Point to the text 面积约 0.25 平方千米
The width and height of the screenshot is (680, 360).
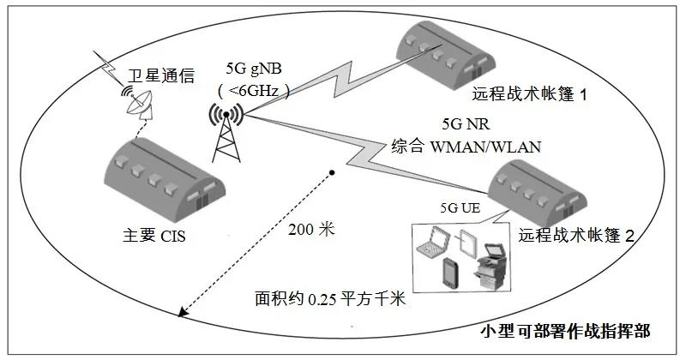[x=329, y=301]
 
